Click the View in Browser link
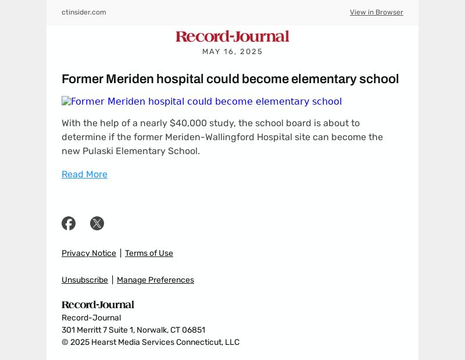[376, 12]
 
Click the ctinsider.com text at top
[84, 12]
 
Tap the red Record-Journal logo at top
[233, 37]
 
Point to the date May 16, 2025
[233, 52]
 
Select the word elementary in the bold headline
[324, 79]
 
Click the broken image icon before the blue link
[66, 102]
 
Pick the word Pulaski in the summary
[98, 151]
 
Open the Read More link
[84, 174]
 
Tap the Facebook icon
[69, 223]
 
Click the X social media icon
[97, 223]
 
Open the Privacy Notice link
[89, 253]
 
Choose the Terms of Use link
[149, 253]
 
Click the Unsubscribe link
[85, 280]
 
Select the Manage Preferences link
[155, 280]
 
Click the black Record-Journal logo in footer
[98, 305]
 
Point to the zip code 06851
[193, 330]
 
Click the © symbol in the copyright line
[65, 343]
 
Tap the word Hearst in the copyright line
[103, 343]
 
